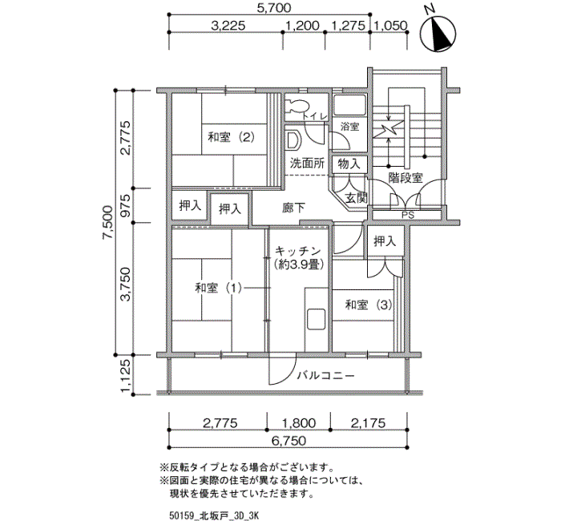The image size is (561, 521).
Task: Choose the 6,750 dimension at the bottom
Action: [289, 441]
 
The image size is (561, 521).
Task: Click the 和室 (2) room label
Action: [231, 136]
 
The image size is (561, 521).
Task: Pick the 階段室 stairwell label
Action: [406, 177]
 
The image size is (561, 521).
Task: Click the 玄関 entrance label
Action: [356, 197]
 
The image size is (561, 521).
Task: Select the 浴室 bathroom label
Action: [349, 127]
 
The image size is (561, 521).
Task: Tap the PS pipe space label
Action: [407, 214]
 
